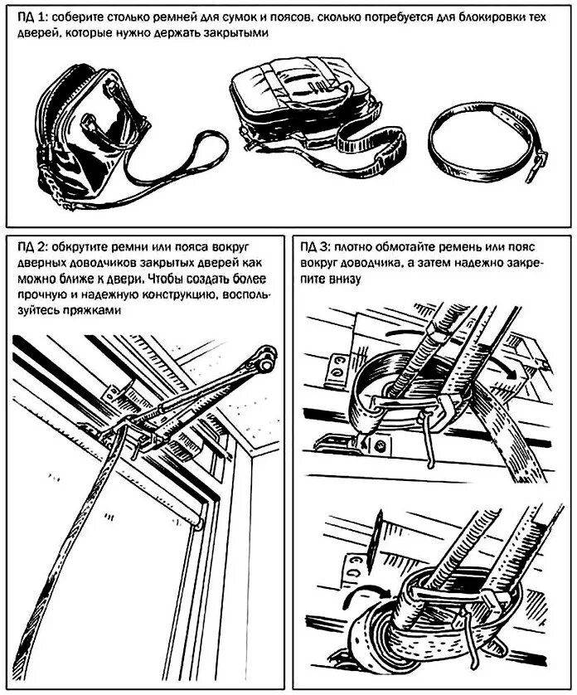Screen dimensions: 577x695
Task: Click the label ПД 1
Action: (30, 17)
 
